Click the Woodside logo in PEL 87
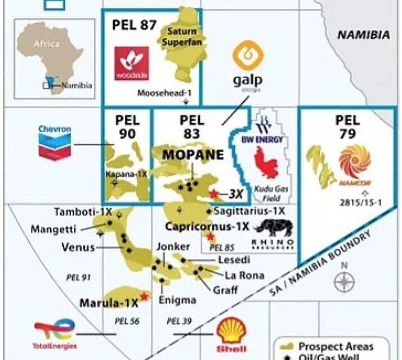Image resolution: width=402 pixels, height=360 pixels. (x=131, y=63)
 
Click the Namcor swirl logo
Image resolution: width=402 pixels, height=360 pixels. (x=355, y=161)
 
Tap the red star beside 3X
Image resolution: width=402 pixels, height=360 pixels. (x=213, y=193)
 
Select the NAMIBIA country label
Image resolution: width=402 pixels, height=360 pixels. (x=363, y=35)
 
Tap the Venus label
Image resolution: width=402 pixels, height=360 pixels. (x=78, y=247)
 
